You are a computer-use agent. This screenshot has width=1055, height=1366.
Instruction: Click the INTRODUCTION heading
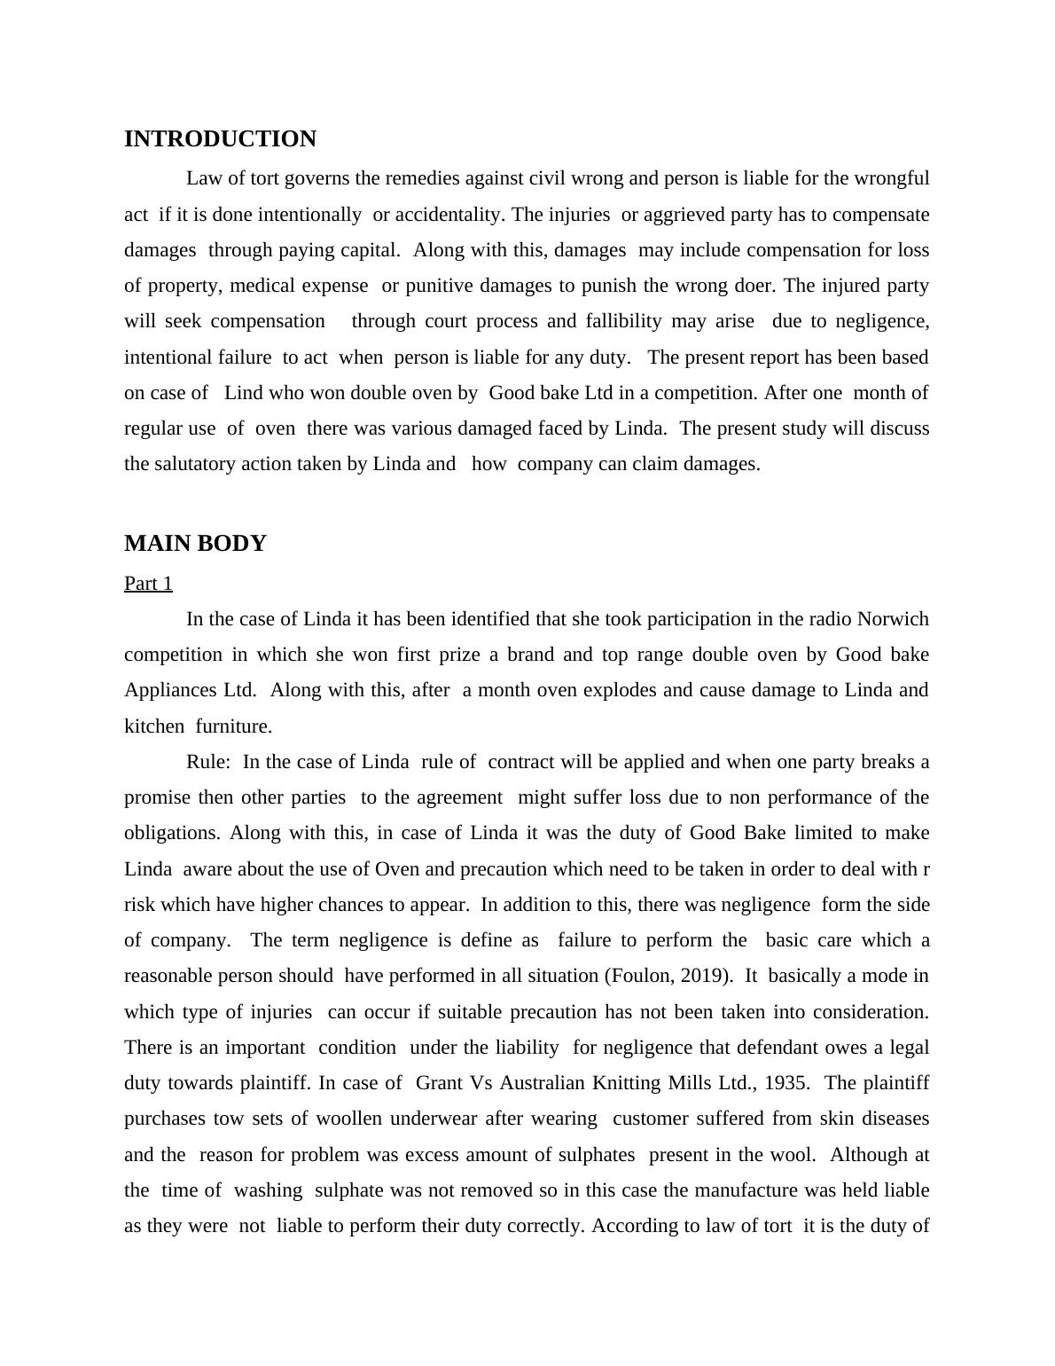[x=220, y=139]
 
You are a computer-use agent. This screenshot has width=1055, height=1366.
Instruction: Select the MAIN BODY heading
[x=195, y=544]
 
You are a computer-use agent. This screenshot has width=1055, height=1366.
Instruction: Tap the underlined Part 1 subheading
[x=148, y=584]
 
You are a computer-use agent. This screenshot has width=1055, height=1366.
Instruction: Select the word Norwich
[x=894, y=619]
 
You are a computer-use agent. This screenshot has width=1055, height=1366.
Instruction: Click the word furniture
[x=234, y=726]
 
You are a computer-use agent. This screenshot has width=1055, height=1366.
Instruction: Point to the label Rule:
[x=209, y=762]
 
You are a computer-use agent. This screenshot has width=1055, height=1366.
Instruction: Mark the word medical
[x=263, y=286]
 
